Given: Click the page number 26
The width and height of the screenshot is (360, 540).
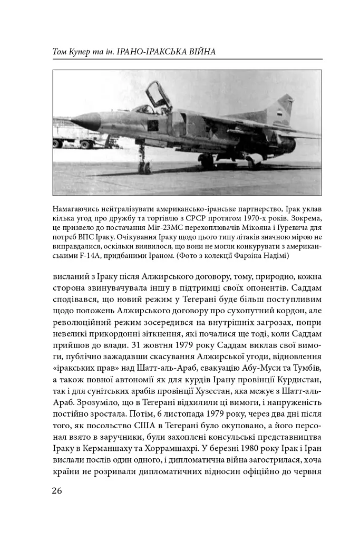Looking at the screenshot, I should [x=57, y=490].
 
